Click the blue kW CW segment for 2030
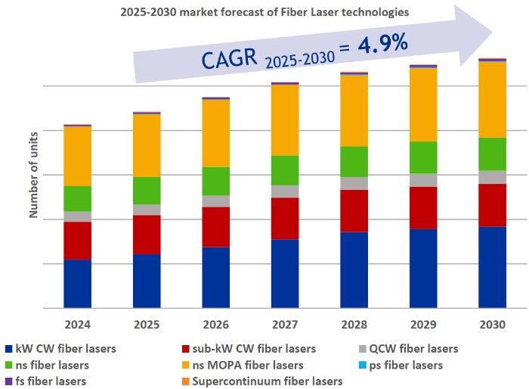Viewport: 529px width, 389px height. click(492, 267)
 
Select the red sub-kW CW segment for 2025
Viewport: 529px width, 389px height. click(147, 235)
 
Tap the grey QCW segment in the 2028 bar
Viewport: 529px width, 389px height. click(354, 183)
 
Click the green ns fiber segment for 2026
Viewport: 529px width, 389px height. click(215, 181)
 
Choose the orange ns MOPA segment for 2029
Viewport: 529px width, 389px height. click(423, 104)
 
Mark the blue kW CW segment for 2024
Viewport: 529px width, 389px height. click(78, 284)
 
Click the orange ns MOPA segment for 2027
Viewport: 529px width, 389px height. click(285, 120)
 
